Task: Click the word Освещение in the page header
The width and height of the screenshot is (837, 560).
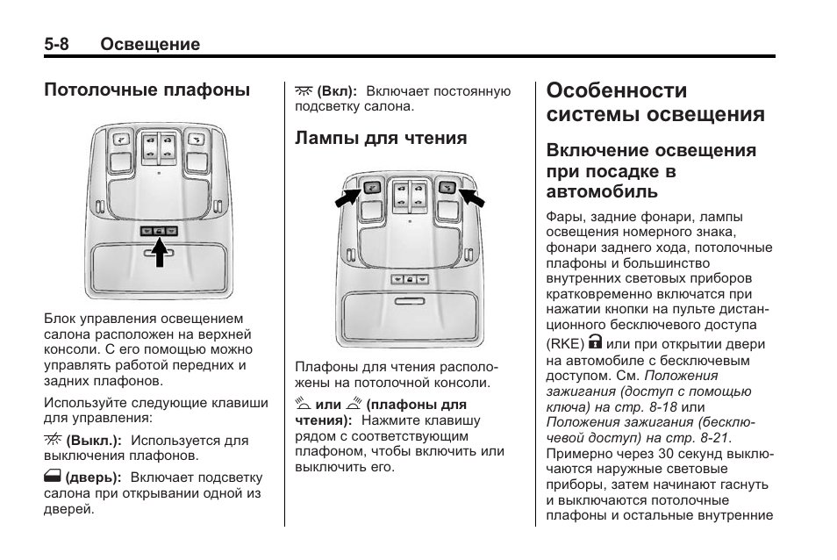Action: (x=150, y=44)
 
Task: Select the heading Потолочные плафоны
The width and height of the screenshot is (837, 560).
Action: (x=147, y=90)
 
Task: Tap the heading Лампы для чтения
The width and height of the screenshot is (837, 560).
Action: (x=381, y=139)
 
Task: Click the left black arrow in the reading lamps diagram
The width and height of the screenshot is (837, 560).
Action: (x=347, y=194)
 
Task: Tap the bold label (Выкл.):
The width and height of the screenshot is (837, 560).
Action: (x=93, y=441)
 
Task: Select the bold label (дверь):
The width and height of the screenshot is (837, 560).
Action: (x=92, y=477)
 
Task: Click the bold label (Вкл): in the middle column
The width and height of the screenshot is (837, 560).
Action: (x=337, y=91)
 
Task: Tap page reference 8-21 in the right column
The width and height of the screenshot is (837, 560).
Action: (x=714, y=437)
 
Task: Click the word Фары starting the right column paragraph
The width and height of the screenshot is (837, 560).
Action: (x=563, y=216)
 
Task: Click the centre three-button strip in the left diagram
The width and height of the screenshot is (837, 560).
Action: (x=159, y=231)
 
